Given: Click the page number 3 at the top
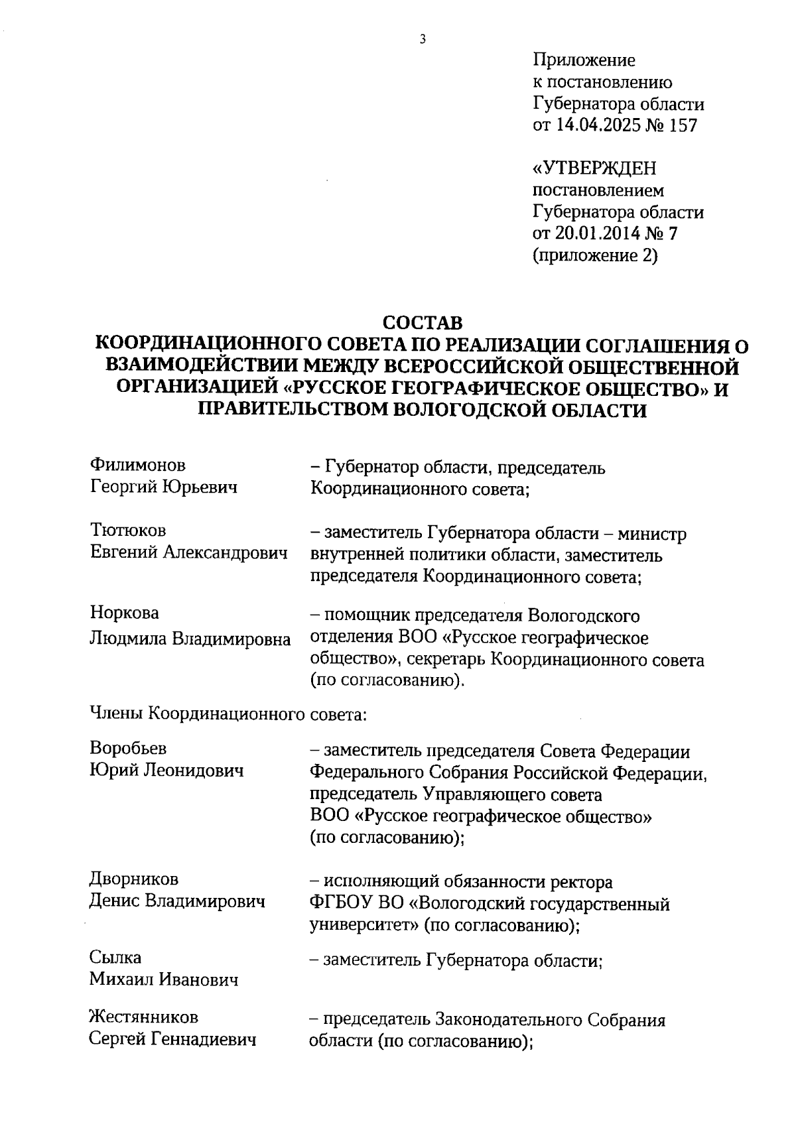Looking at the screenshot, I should [423, 39].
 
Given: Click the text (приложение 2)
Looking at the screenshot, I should [595, 255].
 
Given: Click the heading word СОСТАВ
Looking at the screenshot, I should [422, 323].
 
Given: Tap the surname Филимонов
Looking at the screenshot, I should [138, 466].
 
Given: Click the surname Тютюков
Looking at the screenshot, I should [128, 531].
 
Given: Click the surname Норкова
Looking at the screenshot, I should [125, 613].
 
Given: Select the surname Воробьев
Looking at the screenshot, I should [128, 748].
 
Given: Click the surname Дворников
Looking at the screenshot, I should [134, 879].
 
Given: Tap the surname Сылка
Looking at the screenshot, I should [115, 958].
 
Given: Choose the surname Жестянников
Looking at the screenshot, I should [144, 1017].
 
